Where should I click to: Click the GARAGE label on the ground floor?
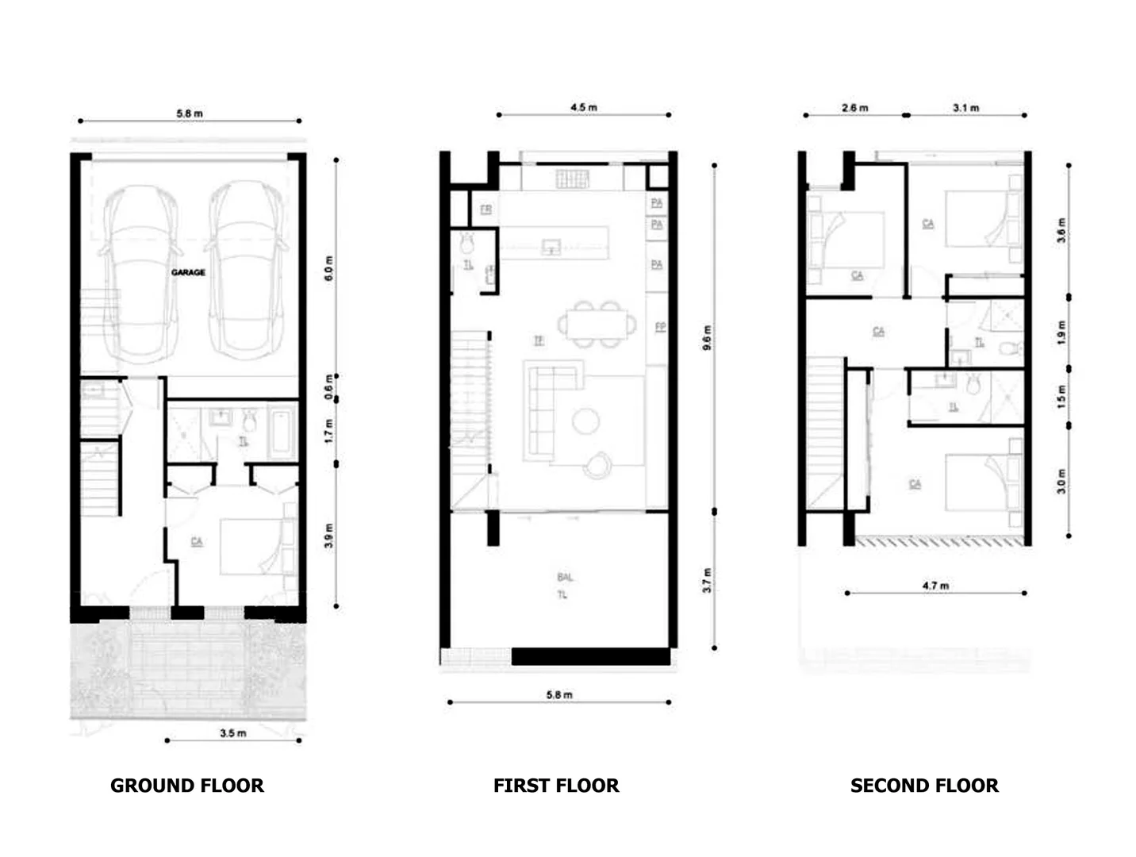[188, 272]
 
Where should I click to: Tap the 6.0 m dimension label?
[329, 268]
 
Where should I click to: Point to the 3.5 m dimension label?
[232, 733]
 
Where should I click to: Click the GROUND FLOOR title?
[186, 786]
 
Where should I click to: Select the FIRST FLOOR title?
[556, 786]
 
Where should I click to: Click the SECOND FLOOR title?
[924, 786]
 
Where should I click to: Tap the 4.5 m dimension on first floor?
[583, 107]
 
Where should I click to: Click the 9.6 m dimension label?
[708, 337]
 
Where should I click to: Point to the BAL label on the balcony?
[564, 577]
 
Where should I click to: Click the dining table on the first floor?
[597, 325]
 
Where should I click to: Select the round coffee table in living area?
[587, 421]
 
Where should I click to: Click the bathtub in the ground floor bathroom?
[282, 432]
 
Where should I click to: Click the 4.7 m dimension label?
[935, 586]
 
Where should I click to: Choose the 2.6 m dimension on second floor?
[855, 107]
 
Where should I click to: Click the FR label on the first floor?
[485, 209]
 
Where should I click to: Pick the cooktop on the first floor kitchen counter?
[572, 179]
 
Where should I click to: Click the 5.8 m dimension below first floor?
[559, 695]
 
